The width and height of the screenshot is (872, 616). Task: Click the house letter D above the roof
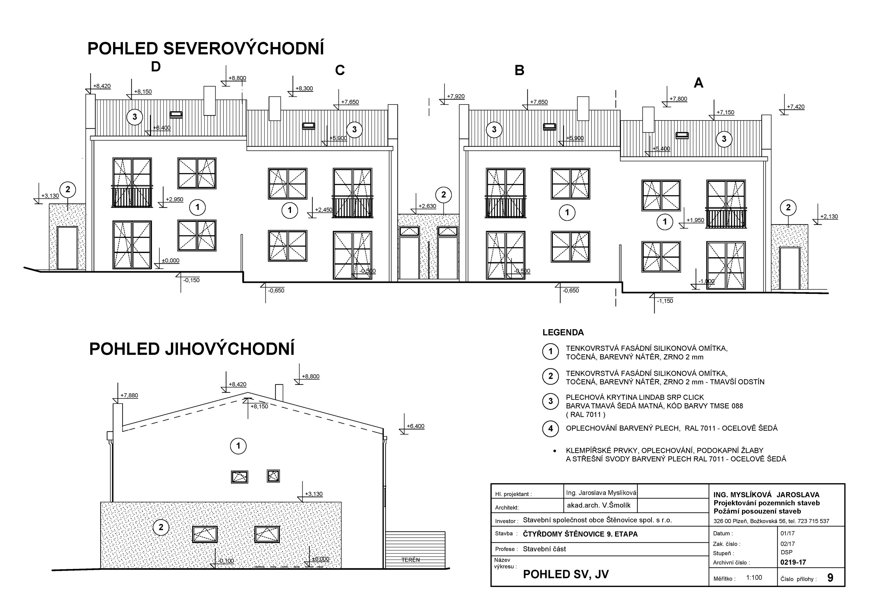pyautogui.click(x=156, y=67)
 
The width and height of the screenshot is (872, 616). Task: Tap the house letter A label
pyautogui.click(x=698, y=83)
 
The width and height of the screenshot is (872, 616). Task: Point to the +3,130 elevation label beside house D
pyautogui.click(x=50, y=196)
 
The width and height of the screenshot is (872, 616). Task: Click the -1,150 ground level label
pyautogui.click(x=665, y=301)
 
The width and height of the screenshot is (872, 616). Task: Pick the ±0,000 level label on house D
pyautogui.click(x=171, y=261)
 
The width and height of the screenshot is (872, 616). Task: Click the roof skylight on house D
pyautogui.click(x=176, y=114)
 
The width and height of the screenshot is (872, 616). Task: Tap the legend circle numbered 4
pyautogui.click(x=550, y=429)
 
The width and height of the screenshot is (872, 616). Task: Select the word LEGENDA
pyautogui.click(x=563, y=333)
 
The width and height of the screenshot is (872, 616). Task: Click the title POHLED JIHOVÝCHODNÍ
pyautogui.click(x=192, y=349)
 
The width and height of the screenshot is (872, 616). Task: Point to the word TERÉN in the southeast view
pyautogui.click(x=410, y=560)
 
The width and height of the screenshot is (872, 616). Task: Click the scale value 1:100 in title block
pyautogui.click(x=754, y=577)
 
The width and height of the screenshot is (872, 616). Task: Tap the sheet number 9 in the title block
pyautogui.click(x=830, y=578)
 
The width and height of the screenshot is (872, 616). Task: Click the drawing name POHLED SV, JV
pyautogui.click(x=566, y=574)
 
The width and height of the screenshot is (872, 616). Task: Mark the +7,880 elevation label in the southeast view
pyautogui.click(x=129, y=396)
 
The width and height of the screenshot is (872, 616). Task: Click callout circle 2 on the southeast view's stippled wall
pyautogui.click(x=161, y=527)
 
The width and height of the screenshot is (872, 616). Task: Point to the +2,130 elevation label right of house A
pyautogui.click(x=829, y=217)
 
